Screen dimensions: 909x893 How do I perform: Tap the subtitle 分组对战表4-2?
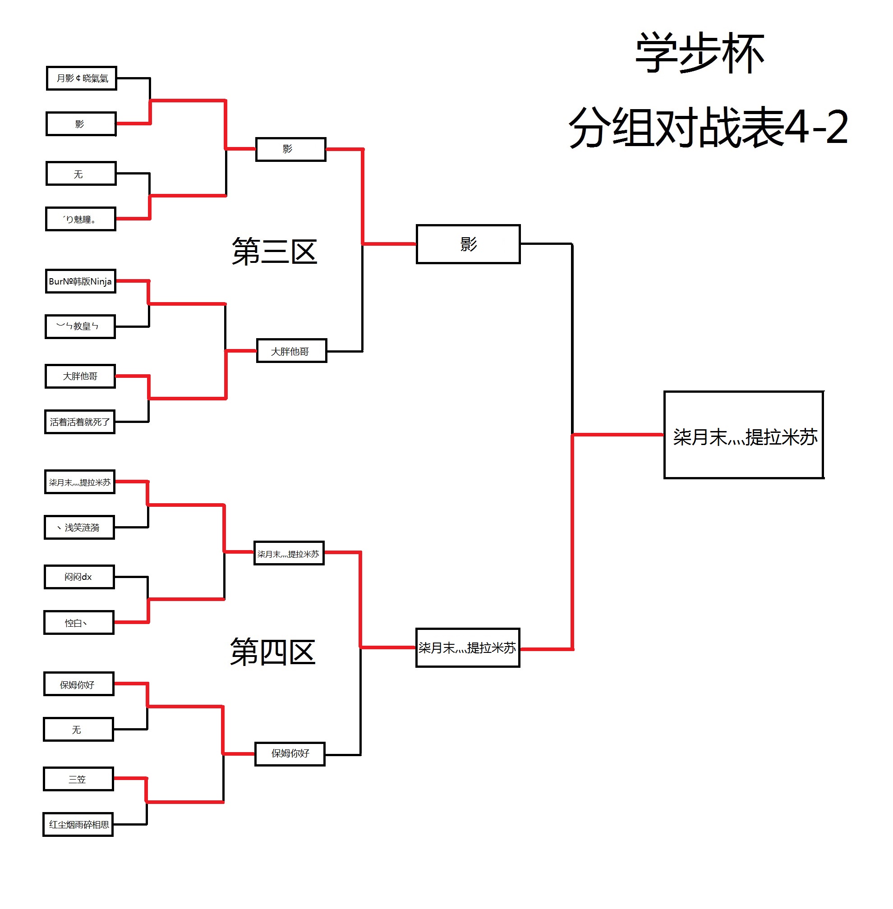coord(708,127)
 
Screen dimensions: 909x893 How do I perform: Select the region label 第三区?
coord(274,252)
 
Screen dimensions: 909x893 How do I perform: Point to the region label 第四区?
coord(272,652)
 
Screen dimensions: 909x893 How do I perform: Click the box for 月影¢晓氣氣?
coord(82,78)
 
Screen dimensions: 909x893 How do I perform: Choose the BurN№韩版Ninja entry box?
coord(81,281)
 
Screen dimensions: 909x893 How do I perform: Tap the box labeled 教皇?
coord(80,326)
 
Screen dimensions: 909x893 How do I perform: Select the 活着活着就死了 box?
coord(80,422)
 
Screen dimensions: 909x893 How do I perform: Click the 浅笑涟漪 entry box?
coord(79,528)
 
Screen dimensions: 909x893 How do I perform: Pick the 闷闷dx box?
coord(79,577)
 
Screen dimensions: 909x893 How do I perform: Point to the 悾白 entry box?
coord(79,623)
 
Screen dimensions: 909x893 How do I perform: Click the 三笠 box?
coord(78,779)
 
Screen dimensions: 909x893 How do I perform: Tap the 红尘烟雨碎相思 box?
coord(78,825)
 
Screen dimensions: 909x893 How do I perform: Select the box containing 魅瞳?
coord(81,219)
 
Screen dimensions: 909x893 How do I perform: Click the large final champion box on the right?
coord(744,435)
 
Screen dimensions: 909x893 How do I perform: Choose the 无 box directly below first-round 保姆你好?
coord(78,730)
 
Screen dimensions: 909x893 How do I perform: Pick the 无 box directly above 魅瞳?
coord(81,174)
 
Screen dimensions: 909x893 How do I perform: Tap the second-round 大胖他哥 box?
coord(291,351)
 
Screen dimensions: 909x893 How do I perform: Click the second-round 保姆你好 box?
coord(290,753)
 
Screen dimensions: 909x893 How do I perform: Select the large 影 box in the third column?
coord(468,244)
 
